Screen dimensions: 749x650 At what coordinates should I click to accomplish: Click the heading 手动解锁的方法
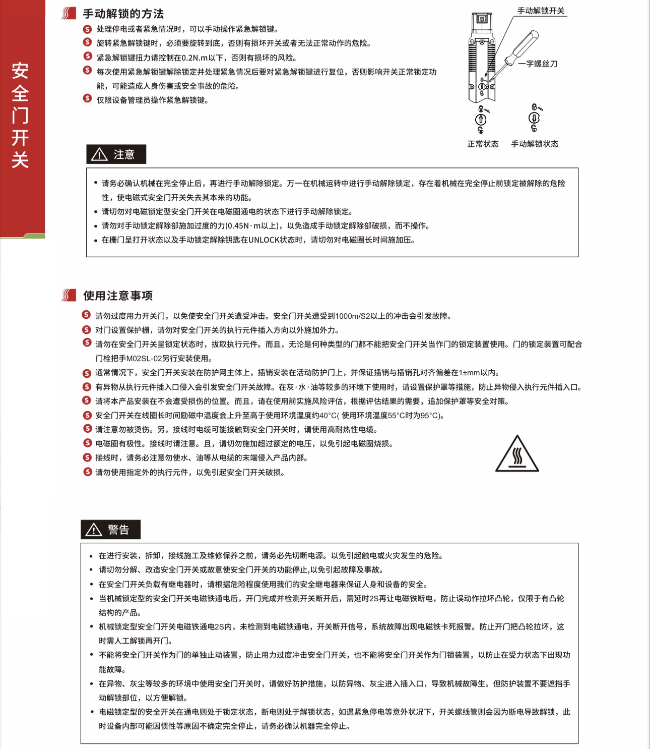click(x=123, y=14)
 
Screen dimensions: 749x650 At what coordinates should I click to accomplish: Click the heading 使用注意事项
click(x=118, y=296)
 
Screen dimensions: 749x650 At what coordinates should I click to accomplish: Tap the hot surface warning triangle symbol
click(x=517, y=455)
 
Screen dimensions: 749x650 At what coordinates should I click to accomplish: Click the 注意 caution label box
click(x=116, y=154)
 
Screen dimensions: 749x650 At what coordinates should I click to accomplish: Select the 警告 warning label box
click(x=110, y=530)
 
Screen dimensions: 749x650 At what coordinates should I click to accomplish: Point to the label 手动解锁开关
click(x=541, y=11)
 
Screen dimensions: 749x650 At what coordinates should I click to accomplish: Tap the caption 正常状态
click(x=483, y=144)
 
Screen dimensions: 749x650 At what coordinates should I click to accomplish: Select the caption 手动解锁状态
click(x=535, y=144)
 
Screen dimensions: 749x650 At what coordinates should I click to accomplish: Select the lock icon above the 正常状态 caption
click(x=481, y=120)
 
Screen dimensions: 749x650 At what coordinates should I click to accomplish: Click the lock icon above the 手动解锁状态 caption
click(x=534, y=118)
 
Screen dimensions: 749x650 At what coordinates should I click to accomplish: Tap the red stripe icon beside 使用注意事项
click(x=69, y=295)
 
